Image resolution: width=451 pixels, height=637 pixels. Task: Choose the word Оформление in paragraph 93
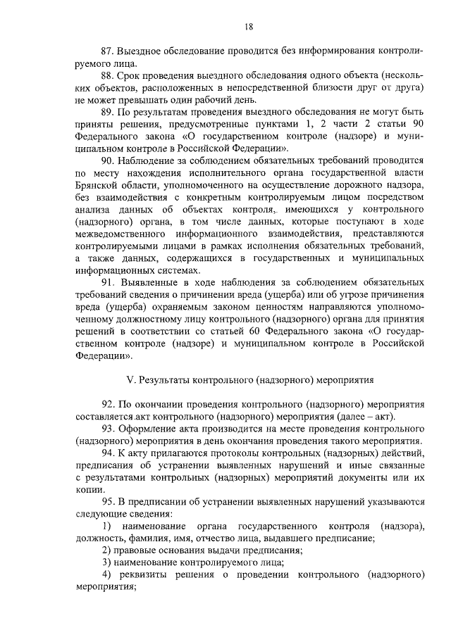click(x=156, y=429)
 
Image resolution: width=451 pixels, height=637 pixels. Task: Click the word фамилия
click(x=152, y=538)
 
